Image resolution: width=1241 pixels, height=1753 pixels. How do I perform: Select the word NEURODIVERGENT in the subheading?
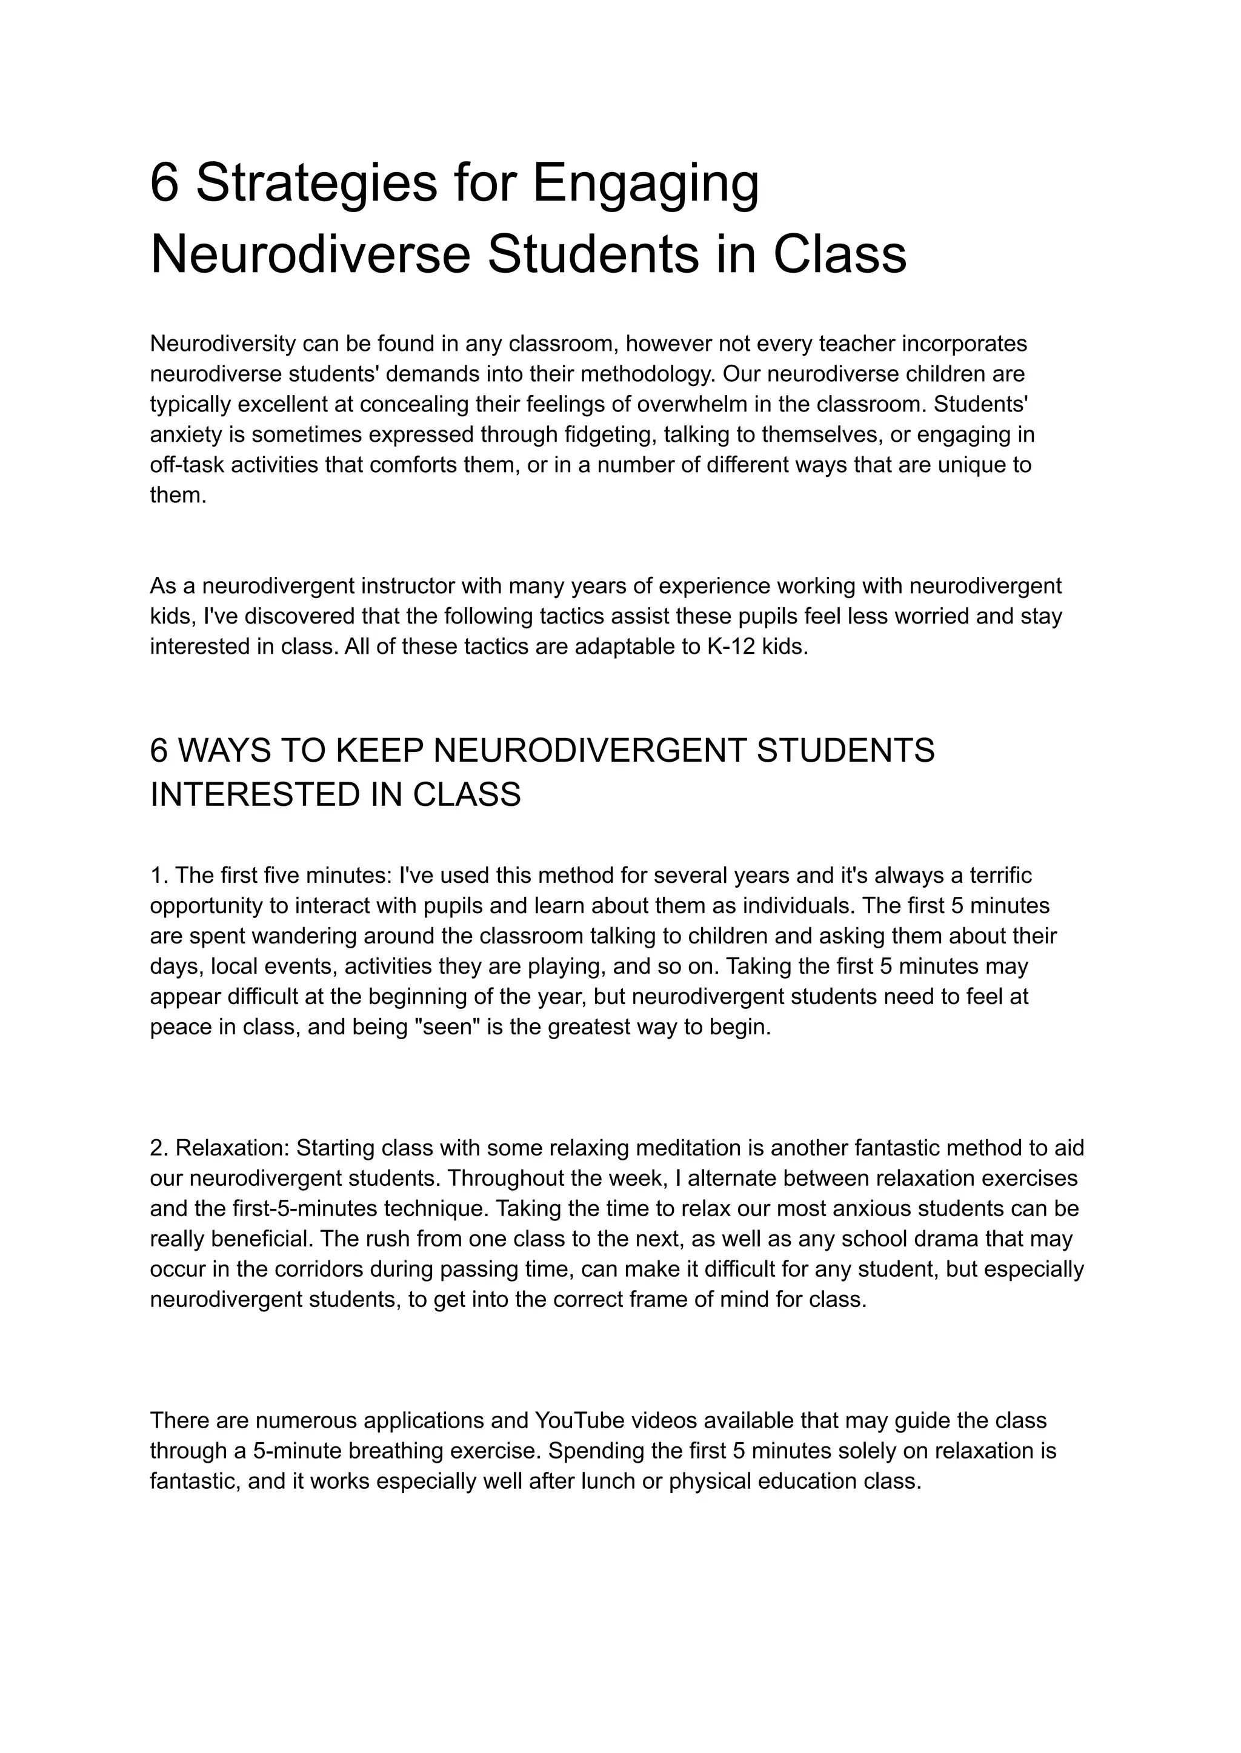[x=588, y=751]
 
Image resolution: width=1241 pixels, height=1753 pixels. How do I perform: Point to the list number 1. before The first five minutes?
[x=159, y=875]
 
